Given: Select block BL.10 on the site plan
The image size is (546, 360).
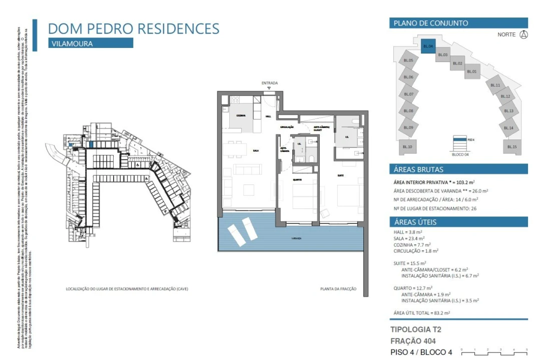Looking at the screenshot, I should pyautogui.click(x=407, y=146).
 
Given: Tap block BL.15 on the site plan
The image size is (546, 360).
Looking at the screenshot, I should pyautogui.click(x=511, y=146).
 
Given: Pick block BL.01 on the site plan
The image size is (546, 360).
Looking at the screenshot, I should pyautogui.click(x=471, y=72).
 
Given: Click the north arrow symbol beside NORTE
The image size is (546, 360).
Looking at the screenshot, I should pyautogui.click(x=523, y=34).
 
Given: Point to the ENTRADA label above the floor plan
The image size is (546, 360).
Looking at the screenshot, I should pyautogui.click(x=269, y=83).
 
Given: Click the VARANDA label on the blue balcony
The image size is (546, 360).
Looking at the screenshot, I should pyautogui.click(x=297, y=239).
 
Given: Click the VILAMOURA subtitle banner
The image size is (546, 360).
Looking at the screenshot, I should pyautogui.click(x=91, y=43).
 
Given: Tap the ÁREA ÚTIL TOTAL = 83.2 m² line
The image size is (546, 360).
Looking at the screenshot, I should pyautogui.click(x=422, y=312).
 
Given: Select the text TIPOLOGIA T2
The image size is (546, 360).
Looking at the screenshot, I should pyautogui.click(x=415, y=329).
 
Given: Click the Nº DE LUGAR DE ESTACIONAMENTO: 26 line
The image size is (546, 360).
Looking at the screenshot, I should pyautogui.click(x=434, y=208).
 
